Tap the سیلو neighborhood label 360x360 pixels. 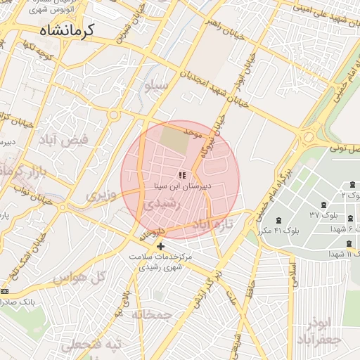point(155,87)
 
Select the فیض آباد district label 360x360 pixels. point(65,139)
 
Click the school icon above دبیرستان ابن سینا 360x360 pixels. point(182,175)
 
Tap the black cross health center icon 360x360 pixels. point(161,246)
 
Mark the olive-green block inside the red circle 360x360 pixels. point(175,139)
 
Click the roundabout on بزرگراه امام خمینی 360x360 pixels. point(308,136)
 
